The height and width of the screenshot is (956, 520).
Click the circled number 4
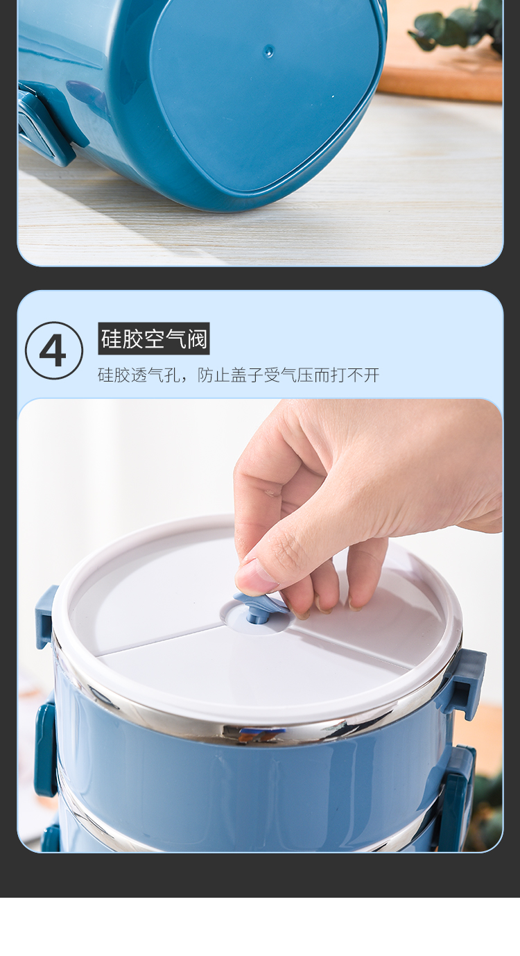click(x=54, y=350)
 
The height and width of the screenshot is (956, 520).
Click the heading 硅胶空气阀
click(x=154, y=339)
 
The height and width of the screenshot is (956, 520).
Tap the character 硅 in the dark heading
click(x=112, y=339)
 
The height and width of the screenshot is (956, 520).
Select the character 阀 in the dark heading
click(x=197, y=339)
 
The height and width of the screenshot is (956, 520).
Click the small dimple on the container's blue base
click(x=268, y=51)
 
